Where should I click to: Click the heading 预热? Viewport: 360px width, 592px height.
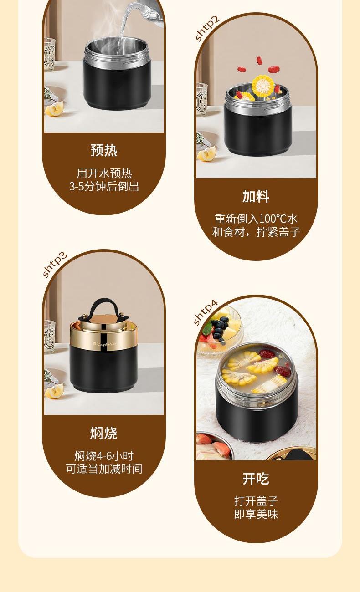point(104,150)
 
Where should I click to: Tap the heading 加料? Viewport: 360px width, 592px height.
point(256,196)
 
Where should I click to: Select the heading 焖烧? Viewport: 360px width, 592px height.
point(103,433)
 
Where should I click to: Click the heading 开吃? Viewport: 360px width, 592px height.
point(256,479)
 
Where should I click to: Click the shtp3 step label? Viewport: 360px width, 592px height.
point(55,265)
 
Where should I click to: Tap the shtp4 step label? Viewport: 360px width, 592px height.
point(206,312)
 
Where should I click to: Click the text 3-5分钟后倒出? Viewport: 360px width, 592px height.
point(104,186)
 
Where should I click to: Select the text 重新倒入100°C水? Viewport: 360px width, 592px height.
point(256,219)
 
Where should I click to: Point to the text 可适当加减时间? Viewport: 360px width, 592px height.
point(104,469)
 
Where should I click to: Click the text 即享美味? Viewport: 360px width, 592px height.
point(256,514)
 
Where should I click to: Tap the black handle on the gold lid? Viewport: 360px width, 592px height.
point(103,310)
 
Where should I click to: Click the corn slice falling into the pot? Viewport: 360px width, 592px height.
point(262,86)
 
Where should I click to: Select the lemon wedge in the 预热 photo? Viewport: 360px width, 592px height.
point(54,109)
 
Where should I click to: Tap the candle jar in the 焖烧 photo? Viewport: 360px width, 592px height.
point(50,336)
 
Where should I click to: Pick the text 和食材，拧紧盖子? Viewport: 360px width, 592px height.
point(256,232)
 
